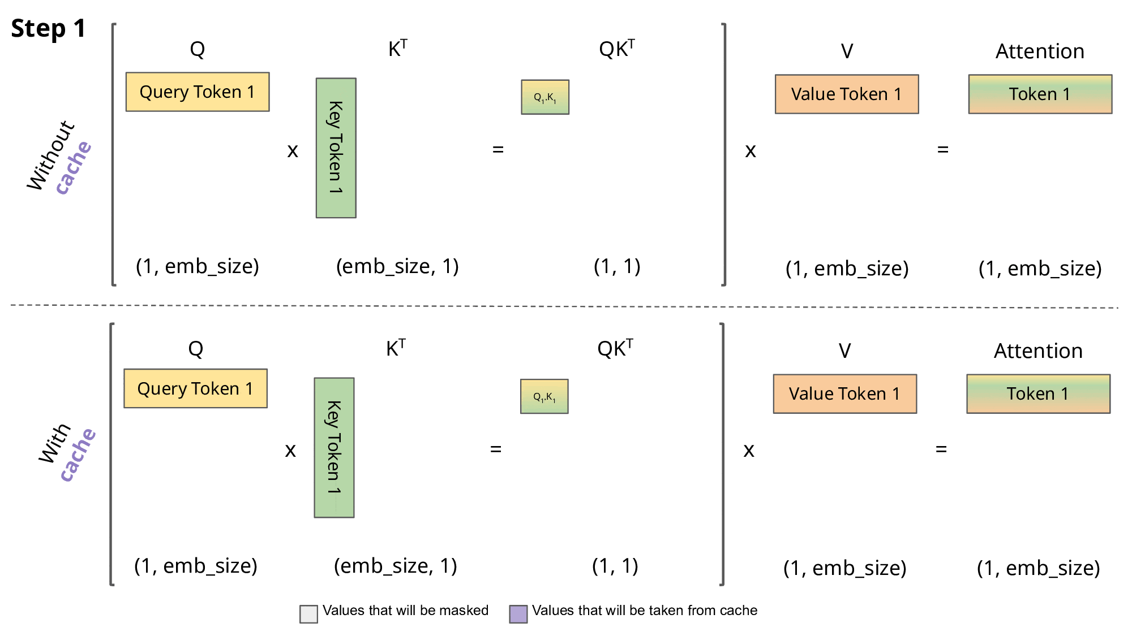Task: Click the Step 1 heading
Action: point(48,28)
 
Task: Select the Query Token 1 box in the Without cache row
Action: point(197,92)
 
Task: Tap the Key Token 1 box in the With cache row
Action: point(334,447)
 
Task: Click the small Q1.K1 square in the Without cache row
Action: point(545,97)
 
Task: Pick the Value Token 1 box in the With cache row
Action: point(844,393)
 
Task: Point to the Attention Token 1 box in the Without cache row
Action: point(1040,94)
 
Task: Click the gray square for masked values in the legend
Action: point(308,614)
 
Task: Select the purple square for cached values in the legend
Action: point(518,614)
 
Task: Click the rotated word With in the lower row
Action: point(54,443)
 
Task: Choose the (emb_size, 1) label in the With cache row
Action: point(395,565)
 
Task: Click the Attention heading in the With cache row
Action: point(1038,351)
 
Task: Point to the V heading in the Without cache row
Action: point(847,51)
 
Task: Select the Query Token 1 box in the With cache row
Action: point(195,388)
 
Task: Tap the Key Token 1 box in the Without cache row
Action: point(336,148)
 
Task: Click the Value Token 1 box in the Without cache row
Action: point(846,94)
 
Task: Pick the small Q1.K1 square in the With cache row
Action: point(544,396)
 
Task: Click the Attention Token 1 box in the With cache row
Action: point(1038,393)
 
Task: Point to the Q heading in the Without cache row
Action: point(197,50)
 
